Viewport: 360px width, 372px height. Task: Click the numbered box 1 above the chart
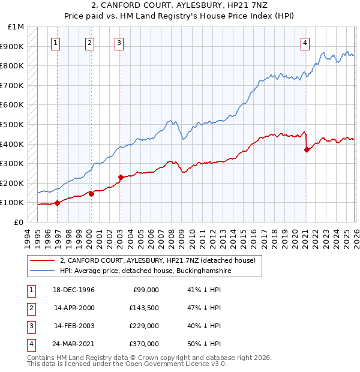[56, 43]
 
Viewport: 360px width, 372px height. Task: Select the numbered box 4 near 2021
[305, 43]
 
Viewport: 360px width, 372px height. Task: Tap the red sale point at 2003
[121, 177]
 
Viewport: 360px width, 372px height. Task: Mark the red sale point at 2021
[307, 150]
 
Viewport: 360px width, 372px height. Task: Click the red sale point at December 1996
[58, 203]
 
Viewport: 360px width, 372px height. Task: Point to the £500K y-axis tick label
[13, 125]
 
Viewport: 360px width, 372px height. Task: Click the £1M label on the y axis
[16, 27]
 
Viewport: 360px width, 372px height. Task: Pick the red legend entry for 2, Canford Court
[157, 260]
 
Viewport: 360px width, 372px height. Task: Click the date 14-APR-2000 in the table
[74, 308]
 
